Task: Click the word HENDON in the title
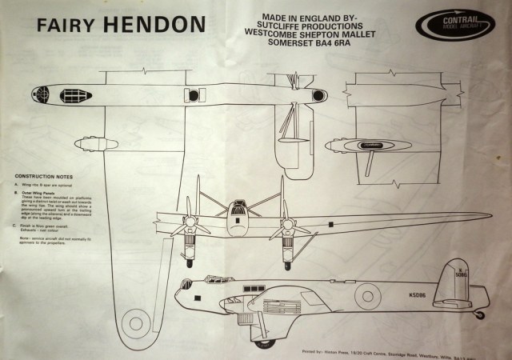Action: (153, 26)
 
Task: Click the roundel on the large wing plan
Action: (133, 322)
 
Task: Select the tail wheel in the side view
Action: (480, 314)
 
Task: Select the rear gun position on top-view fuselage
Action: (318, 95)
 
